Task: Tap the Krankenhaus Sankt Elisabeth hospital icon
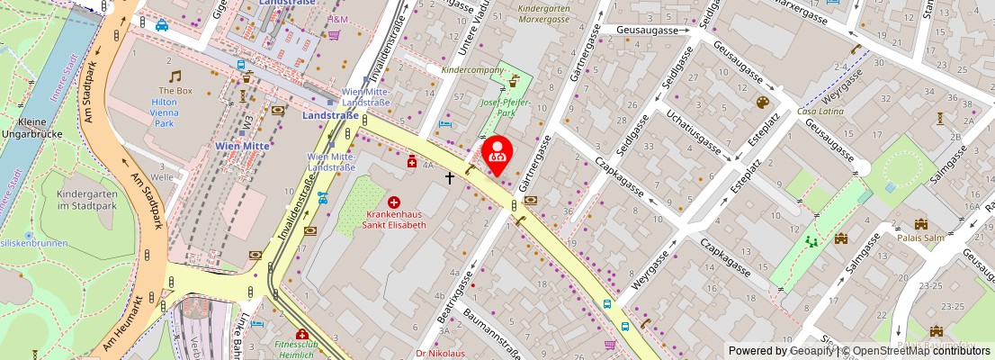pyautogui.click(x=393, y=203)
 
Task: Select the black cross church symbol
pyautogui.click(x=450, y=178)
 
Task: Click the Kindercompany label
pyautogui.click(x=473, y=69)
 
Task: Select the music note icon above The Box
pyautogui.click(x=175, y=76)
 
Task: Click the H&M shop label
pyautogui.click(x=338, y=19)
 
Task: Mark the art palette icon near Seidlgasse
pyautogui.click(x=762, y=103)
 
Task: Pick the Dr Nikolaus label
pyautogui.click(x=441, y=353)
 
